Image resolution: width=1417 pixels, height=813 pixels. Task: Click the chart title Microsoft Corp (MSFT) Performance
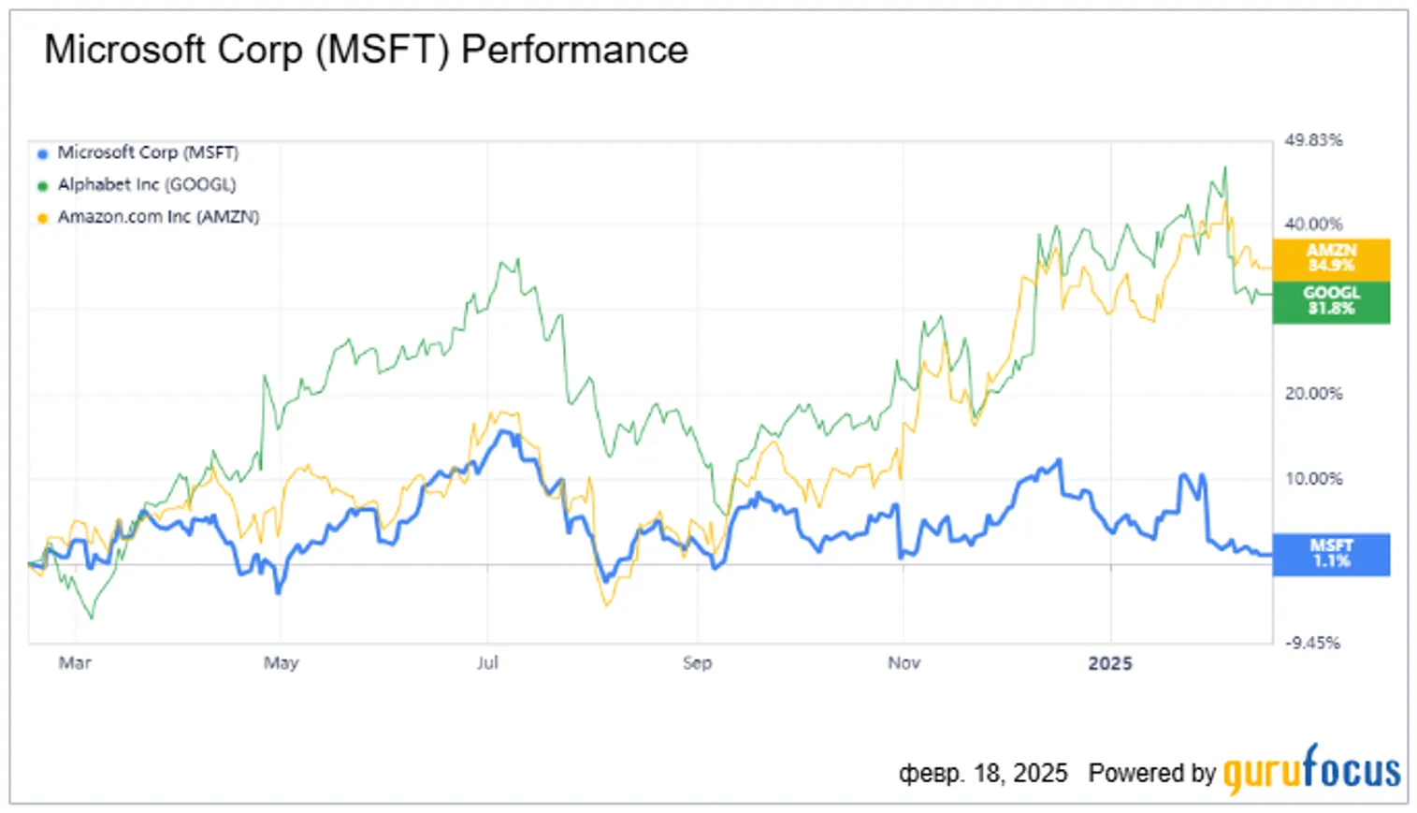click(366, 50)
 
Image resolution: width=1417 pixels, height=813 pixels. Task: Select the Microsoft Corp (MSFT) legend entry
click(147, 152)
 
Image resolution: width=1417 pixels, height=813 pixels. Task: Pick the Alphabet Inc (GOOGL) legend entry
click(146, 184)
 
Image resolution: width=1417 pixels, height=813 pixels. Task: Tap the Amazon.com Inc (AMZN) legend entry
click(157, 216)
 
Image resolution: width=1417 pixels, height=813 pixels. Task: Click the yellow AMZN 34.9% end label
click(1331, 258)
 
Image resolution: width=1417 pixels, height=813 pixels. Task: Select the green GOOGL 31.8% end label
click(1331, 301)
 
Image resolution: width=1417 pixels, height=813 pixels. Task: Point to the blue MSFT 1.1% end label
click(1331, 554)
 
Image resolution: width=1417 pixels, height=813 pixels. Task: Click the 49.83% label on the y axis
click(1313, 140)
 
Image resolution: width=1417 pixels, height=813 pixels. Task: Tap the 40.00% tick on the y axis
click(1313, 225)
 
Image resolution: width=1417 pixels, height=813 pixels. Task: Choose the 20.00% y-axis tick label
click(1313, 394)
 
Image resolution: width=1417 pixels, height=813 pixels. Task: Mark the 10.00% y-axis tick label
click(1313, 479)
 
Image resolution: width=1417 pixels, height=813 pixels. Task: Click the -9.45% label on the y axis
click(1312, 643)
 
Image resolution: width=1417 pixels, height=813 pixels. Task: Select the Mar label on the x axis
click(75, 663)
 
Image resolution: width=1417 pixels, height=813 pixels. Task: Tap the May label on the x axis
click(281, 663)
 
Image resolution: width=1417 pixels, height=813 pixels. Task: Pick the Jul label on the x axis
click(487, 663)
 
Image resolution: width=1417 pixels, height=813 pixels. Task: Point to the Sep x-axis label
click(697, 663)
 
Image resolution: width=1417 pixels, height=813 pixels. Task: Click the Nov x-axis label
click(904, 663)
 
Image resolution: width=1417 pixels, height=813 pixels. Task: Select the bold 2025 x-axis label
click(1110, 663)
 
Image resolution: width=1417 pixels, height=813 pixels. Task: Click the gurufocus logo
click(1311, 770)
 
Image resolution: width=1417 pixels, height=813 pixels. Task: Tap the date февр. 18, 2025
click(982, 774)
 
